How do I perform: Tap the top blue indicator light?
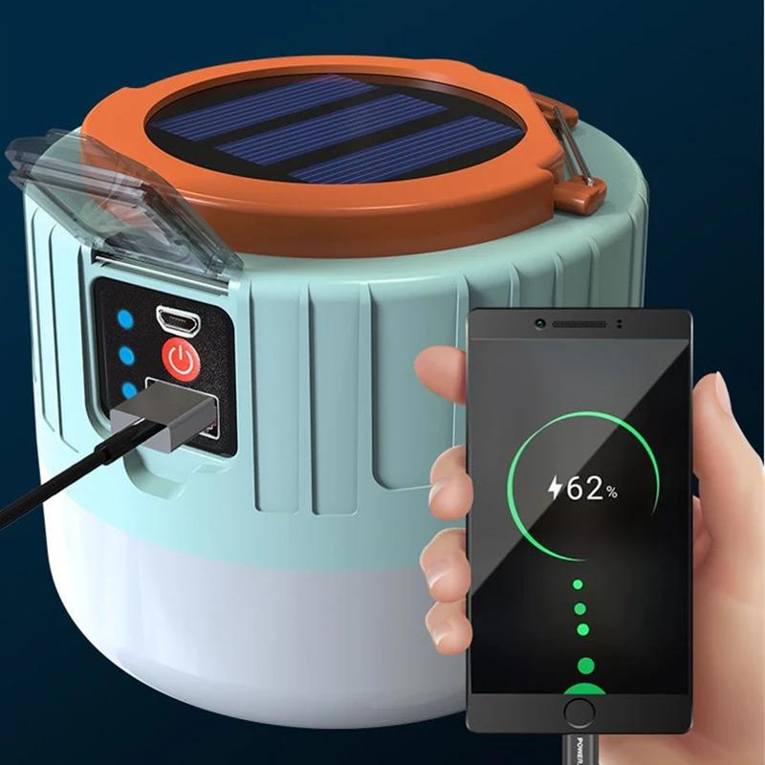(126, 320)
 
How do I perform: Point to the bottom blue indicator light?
(126, 390)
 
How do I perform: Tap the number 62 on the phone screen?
(585, 490)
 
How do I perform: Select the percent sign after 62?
(611, 492)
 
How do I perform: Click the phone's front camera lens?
(541, 324)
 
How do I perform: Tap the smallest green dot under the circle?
(577, 583)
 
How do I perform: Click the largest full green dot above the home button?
(585, 666)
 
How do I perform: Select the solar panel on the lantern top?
(336, 128)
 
